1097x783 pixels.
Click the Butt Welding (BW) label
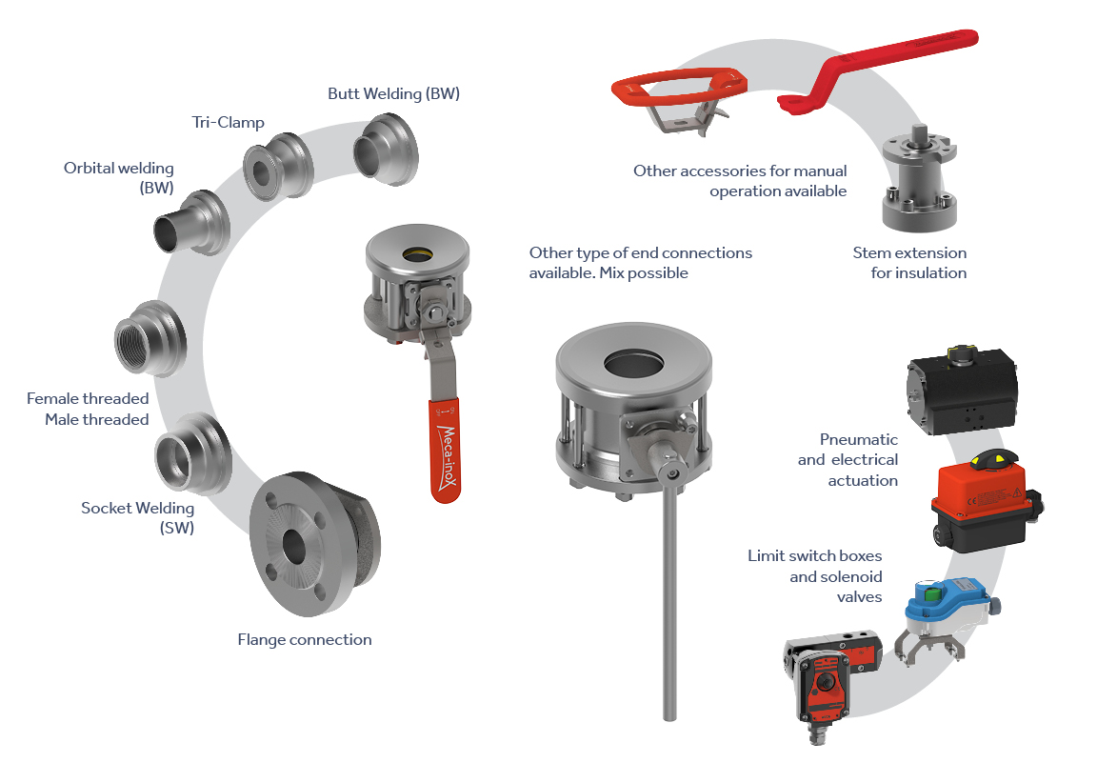[x=394, y=93]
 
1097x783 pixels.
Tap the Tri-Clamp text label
[x=229, y=123]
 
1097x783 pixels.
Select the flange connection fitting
[x=314, y=543]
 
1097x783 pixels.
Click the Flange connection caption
[x=305, y=639]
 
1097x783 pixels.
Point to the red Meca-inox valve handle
[x=445, y=451]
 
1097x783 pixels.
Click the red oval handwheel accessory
[x=679, y=89]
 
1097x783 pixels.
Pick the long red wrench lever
[x=878, y=69]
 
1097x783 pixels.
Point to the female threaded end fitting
[x=150, y=339]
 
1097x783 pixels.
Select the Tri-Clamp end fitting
[x=278, y=167]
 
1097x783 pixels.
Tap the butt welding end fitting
[x=386, y=151]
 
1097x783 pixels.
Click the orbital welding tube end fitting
[x=191, y=223]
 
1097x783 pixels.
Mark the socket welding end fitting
[x=192, y=452]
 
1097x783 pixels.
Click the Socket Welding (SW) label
[x=138, y=518]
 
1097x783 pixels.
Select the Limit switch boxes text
[x=814, y=555]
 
